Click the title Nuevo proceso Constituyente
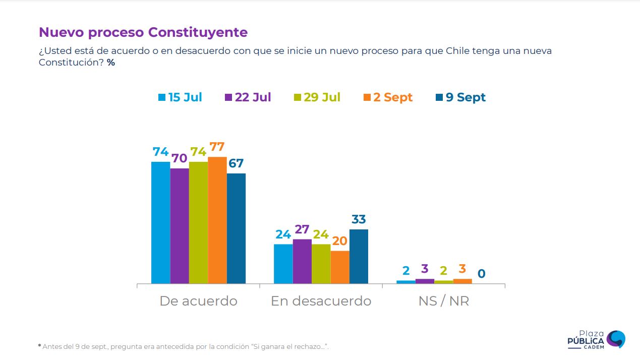click(143, 32)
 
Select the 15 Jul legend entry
click(180, 97)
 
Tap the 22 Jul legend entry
click(248, 97)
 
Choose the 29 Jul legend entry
click(317, 97)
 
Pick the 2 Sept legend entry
click(387, 97)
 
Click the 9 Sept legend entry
click(460, 97)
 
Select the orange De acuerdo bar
click(217, 220)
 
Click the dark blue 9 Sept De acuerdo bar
click(236, 228)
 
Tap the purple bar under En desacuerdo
click(302, 261)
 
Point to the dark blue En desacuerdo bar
click(359, 256)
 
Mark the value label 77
click(217, 147)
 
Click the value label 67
click(236, 163)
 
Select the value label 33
click(359, 220)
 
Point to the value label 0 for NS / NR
click(482, 274)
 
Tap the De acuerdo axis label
click(198, 301)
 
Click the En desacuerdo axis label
click(321, 301)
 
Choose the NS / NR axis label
click(444, 301)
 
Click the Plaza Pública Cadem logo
click(597, 339)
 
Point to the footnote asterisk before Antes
click(39, 346)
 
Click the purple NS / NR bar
click(425, 281)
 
